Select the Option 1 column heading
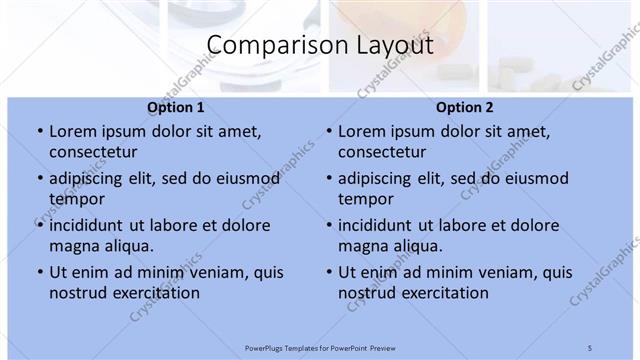(176, 107)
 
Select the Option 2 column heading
(465, 107)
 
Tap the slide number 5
(590, 346)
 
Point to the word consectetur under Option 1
(93, 153)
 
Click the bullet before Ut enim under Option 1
(38, 272)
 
